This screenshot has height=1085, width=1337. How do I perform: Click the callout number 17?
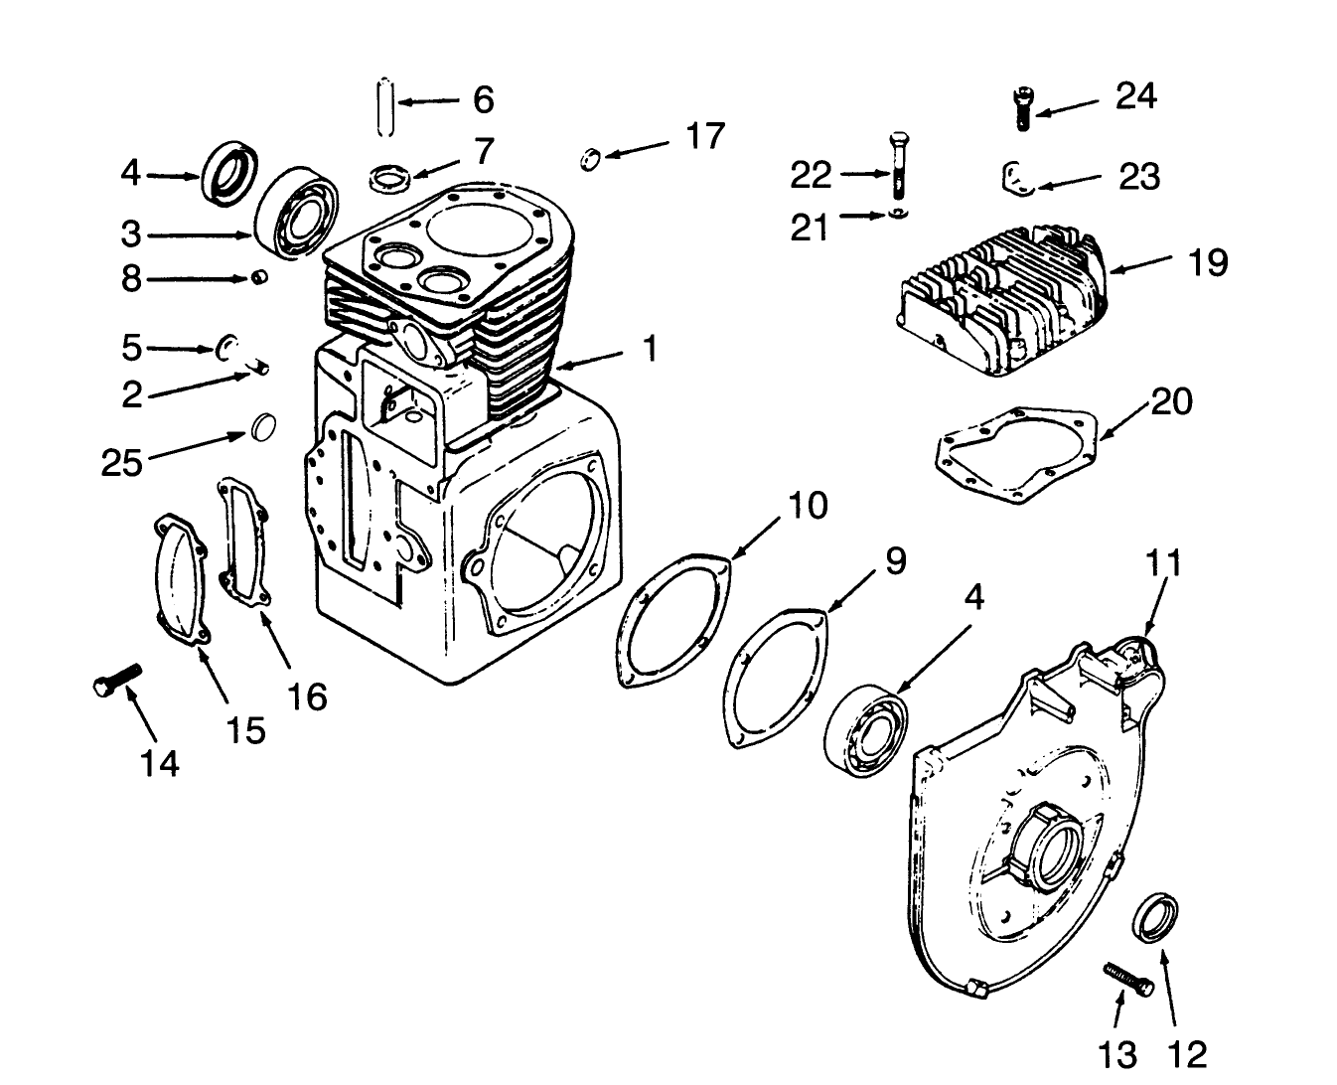coord(704,136)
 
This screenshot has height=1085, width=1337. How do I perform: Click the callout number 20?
coord(1171,401)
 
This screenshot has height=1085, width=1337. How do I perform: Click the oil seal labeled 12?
coord(1158,914)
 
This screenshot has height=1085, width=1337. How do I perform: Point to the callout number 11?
coord(1163,562)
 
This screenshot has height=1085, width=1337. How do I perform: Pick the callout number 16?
coord(307,697)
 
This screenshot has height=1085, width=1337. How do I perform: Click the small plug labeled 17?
coord(590,157)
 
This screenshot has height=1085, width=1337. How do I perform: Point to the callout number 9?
coord(894,561)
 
